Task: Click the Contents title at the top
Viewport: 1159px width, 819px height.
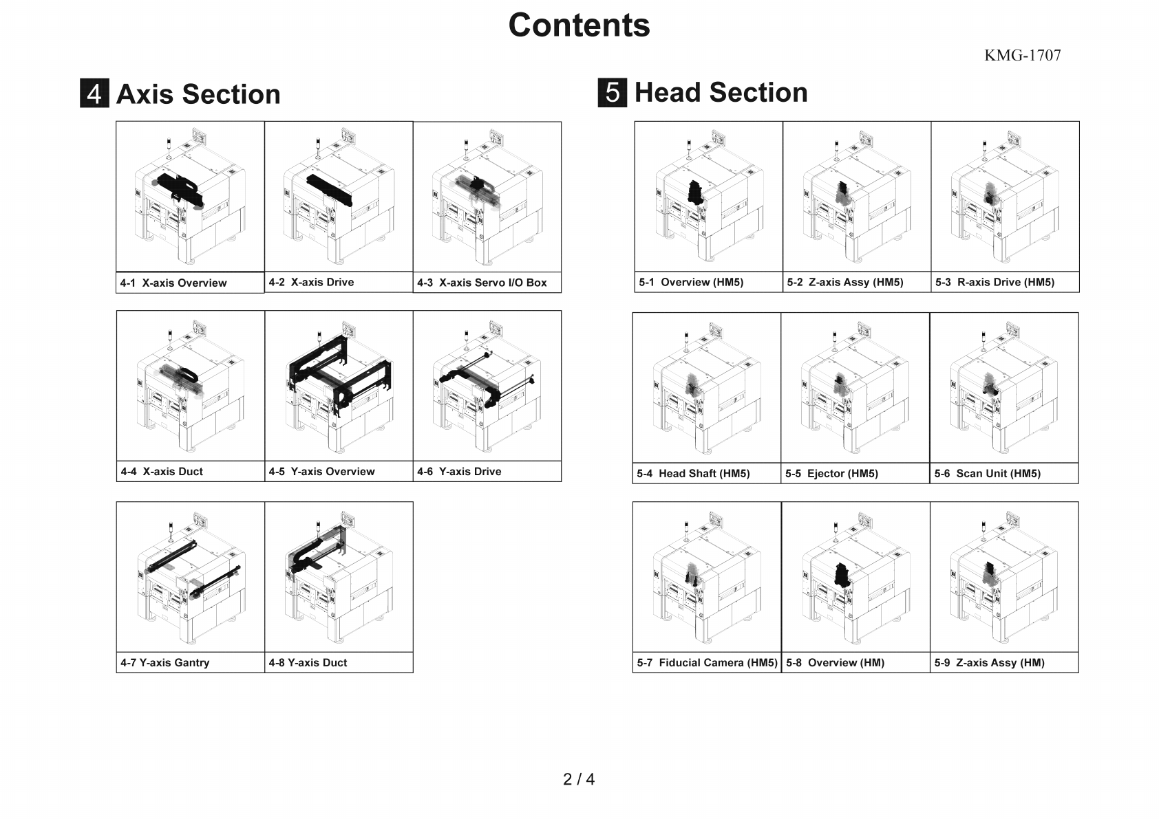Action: [x=579, y=25]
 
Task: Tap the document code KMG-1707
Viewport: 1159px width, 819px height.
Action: [x=1023, y=55]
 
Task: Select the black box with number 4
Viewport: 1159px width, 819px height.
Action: [x=95, y=93]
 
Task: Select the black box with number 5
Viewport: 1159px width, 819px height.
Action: [x=613, y=93]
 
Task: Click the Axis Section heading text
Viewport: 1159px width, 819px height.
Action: [x=198, y=94]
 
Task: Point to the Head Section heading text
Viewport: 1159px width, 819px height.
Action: [x=721, y=93]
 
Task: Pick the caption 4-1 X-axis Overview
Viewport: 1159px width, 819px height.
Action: [x=173, y=283]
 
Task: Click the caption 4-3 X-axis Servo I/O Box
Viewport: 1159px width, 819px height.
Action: [x=482, y=283]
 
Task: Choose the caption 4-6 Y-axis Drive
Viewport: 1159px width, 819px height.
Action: [x=459, y=472]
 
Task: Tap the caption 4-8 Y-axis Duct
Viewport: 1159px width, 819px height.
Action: [x=308, y=662]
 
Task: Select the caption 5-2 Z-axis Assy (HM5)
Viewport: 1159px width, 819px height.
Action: [x=845, y=283]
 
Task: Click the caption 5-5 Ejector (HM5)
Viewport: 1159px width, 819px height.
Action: [x=831, y=473]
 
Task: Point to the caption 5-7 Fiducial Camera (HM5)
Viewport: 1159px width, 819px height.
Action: [x=707, y=662]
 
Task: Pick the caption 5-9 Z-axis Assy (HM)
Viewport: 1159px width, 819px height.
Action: [x=989, y=662]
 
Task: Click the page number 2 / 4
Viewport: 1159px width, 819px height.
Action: [x=579, y=779]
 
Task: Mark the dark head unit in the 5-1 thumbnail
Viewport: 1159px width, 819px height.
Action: [x=696, y=193]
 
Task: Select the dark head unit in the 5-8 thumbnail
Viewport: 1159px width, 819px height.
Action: [x=843, y=575]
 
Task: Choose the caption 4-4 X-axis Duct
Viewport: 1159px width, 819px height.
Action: [x=162, y=472]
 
